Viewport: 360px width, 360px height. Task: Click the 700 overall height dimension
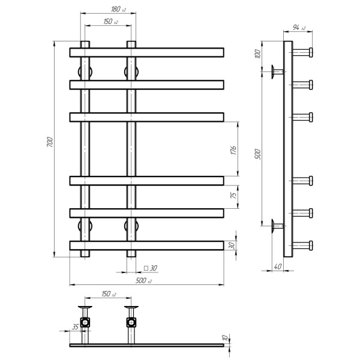[50, 142]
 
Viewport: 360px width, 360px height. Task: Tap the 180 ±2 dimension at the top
[118, 9]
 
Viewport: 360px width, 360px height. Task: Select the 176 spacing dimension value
[233, 150]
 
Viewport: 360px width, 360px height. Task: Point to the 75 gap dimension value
[233, 195]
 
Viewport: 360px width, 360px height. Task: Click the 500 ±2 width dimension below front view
[143, 280]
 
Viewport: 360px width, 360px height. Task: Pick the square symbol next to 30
[146, 268]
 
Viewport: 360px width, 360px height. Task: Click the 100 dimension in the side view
[258, 54]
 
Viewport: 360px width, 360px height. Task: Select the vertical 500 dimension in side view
[258, 154]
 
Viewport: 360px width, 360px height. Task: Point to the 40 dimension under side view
[278, 266]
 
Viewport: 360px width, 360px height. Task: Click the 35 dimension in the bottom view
[76, 326]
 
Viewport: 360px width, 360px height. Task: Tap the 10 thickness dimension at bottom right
[225, 338]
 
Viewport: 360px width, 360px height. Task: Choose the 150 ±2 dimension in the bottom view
[109, 294]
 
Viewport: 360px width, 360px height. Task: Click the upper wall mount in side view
[277, 71]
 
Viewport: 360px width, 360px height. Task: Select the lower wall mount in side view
[277, 226]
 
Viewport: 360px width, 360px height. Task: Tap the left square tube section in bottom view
[85, 323]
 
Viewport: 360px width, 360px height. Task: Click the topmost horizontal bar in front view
[147, 53]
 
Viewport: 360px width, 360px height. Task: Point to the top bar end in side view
[311, 52]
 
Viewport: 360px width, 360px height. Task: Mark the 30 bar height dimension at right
[232, 245]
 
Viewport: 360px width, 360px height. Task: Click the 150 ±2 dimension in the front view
[111, 22]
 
